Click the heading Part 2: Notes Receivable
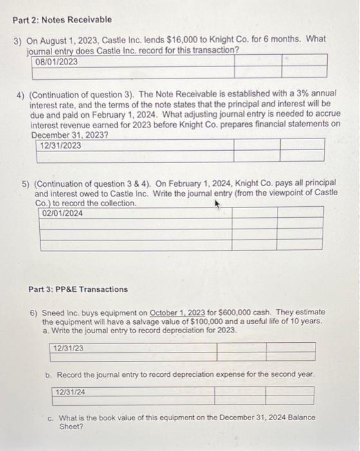(x=62, y=20)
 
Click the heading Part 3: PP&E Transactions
(x=78, y=289)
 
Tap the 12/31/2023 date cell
(x=61, y=146)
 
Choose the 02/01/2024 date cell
(x=62, y=213)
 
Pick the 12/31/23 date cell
(x=69, y=349)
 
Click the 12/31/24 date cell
(x=70, y=392)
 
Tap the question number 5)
(x=24, y=184)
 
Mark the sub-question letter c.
(x=51, y=417)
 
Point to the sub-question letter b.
(x=48, y=374)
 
